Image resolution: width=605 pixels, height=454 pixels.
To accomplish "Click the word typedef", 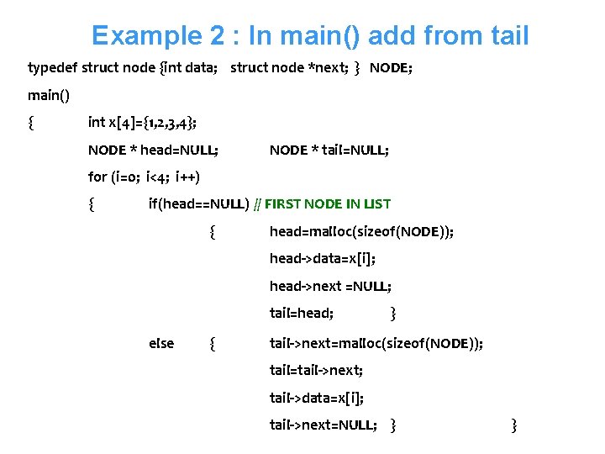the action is [52, 67].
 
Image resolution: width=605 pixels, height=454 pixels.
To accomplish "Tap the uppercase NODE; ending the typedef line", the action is [391, 67].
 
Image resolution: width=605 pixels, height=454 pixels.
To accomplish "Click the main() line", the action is [49, 95].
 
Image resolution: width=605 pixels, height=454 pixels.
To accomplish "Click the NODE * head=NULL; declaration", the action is [153, 150].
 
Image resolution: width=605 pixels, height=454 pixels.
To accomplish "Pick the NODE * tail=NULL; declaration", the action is [329, 150].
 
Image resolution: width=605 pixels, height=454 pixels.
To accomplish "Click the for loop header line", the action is [144, 177].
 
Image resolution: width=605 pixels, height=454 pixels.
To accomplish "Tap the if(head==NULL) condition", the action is [198, 203].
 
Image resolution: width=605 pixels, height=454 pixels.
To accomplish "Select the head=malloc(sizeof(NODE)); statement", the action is [361, 232].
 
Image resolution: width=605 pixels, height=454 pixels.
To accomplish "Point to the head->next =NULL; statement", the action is [330, 287].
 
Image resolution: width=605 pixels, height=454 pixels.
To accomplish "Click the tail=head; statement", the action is [301, 314].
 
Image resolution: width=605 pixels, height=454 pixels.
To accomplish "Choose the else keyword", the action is [161, 342].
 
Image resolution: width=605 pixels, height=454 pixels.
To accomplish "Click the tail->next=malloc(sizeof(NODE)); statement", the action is [376, 342].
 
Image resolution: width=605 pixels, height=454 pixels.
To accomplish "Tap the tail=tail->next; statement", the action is [316, 370].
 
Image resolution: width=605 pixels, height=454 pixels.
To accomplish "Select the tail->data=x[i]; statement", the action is [316, 398].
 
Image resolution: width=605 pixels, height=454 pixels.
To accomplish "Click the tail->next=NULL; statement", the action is [323, 425].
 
